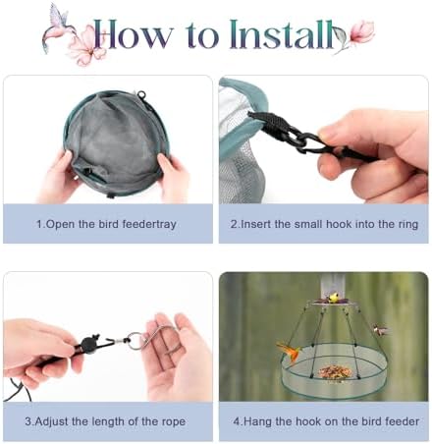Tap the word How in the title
(x=133, y=34)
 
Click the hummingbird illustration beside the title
(x=56, y=27)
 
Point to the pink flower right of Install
(x=362, y=32)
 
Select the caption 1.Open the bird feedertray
(x=106, y=224)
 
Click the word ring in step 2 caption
(x=407, y=225)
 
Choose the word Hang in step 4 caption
(x=258, y=421)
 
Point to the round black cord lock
(x=88, y=344)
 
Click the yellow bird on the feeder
(x=333, y=298)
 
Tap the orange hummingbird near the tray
(x=290, y=352)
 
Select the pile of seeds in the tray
(x=336, y=371)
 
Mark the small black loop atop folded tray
(x=141, y=95)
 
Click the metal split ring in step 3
(x=135, y=341)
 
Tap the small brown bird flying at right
(x=379, y=330)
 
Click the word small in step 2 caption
(x=308, y=224)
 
